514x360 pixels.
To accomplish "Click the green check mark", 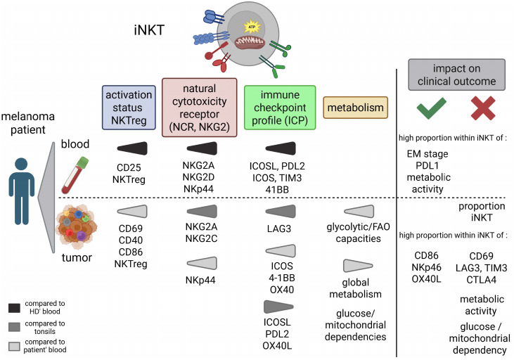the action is click(431, 108).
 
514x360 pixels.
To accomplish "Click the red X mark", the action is click(483, 108).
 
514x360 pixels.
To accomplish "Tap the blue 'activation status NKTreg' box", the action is click(129, 108).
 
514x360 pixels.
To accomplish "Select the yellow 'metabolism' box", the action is click(355, 108).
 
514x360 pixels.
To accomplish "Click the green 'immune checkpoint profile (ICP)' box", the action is click(280, 108).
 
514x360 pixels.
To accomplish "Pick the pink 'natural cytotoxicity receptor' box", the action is click(199, 108).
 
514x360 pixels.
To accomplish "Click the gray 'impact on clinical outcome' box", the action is click(456, 75).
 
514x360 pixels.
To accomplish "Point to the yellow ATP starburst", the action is click(252, 27).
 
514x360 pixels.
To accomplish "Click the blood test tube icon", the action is click(75, 175).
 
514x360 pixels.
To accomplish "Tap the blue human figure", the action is click(22, 191).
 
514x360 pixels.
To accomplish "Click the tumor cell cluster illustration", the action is click(77, 227).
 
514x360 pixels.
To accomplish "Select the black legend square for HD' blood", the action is click(15, 308).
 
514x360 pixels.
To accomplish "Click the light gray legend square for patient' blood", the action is click(15, 346).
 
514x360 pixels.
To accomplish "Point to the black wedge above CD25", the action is click(132, 148).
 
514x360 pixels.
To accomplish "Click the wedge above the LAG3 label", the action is click(281, 212).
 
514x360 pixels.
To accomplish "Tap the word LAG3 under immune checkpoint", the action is click(279, 229).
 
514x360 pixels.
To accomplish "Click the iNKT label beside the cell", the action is click(149, 30).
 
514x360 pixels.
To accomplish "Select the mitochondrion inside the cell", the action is click(250, 43).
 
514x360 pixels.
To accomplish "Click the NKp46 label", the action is click(427, 268).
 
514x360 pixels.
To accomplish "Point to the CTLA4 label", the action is click(481, 280).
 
